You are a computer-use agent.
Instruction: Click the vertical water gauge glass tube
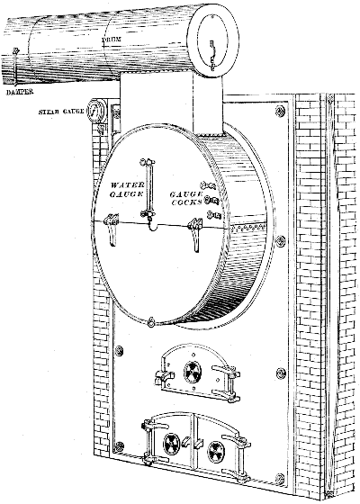tap(152, 185)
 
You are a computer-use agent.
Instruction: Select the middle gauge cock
tap(210, 199)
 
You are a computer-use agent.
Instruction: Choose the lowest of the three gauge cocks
tap(214, 214)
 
